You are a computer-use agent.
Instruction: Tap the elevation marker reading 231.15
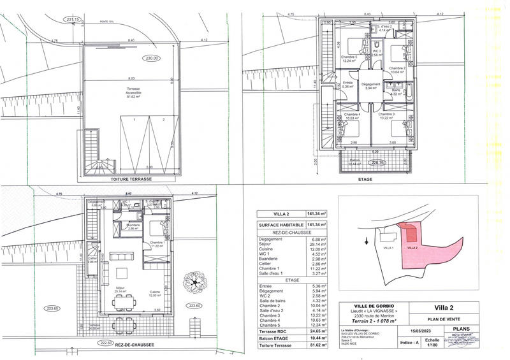point(74,20)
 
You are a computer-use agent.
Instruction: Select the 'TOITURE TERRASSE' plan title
point(131,180)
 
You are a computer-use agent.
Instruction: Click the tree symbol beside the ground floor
point(192,282)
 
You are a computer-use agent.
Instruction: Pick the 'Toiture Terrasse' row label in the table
point(275,346)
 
